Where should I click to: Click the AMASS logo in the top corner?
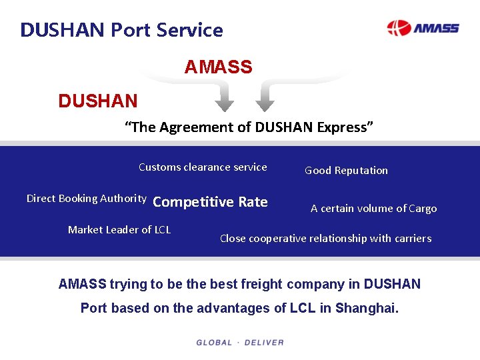(x=423, y=28)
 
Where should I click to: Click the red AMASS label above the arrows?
(x=218, y=67)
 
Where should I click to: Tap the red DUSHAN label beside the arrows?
(x=98, y=101)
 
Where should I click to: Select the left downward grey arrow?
(x=225, y=98)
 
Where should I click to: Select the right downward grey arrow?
(x=265, y=98)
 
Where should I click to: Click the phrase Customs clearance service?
(x=203, y=167)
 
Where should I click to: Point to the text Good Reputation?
(x=346, y=171)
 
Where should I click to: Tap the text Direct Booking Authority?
(x=86, y=199)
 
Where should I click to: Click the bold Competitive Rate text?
(x=210, y=202)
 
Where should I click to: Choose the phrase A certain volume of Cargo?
(x=373, y=209)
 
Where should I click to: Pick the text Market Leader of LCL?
(x=119, y=230)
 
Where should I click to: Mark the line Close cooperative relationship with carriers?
(x=325, y=239)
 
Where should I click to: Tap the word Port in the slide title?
(x=132, y=30)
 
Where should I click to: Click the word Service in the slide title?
(x=191, y=30)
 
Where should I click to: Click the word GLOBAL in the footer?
(x=214, y=343)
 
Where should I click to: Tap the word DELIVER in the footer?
(x=264, y=343)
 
